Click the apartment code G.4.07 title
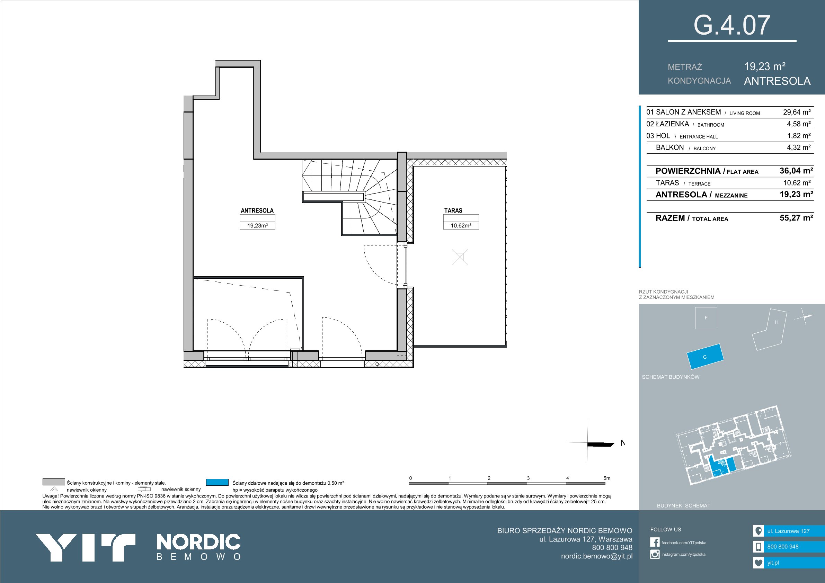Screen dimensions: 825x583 [x=732, y=26]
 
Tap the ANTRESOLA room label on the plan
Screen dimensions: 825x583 [x=257, y=210]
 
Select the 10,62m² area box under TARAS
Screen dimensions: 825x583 [x=461, y=226]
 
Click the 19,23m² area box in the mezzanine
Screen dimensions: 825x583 [x=257, y=226]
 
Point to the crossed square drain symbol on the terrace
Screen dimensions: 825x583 [x=460, y=257]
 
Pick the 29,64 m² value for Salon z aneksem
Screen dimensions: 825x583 [x=797, y=112]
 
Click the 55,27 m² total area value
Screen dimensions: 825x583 [x=796, y=218]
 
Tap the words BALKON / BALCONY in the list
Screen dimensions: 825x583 [x=685, y=147]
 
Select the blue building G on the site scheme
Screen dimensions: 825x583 [x=705, y=356]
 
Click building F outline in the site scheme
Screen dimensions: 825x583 [x=706, y=318]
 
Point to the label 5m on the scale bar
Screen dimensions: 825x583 [x=606, y=478]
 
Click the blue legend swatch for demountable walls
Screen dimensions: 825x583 [x=217, y=482]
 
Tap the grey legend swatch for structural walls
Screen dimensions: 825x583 [x=54, y=482]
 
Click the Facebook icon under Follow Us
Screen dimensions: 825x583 [x=655, y=542]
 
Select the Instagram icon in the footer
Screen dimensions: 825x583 [x=655, y=554]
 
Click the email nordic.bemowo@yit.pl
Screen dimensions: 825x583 [x=596, y=556]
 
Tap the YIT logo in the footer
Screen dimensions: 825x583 [x=85, y=547]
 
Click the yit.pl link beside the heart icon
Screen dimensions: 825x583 [x=773, y=563]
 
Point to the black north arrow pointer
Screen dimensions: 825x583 [x=601, y=445]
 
